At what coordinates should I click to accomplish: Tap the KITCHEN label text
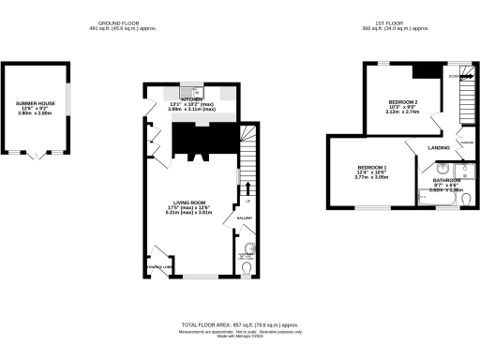(191, 97)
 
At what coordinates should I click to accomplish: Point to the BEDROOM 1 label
(372, 167)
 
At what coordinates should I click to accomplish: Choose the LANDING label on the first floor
(439, 148)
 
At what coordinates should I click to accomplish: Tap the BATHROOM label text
(446, 180)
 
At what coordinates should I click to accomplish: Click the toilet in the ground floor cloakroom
(246, 267)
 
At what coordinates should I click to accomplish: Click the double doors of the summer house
(37, 154)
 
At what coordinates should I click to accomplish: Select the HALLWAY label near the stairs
(244, 217)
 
